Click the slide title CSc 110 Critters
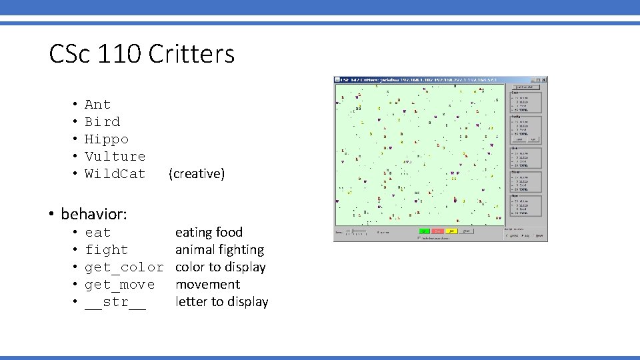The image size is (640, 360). [141, 54]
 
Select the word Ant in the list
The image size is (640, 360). [97, 105]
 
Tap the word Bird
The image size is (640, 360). [102, 122]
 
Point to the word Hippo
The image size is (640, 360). [106, 139]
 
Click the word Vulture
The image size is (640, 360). [115, 157]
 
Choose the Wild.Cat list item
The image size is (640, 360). [115, 174]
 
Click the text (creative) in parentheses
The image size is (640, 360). [197, 174]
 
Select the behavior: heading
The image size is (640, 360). [94, 214]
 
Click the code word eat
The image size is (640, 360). [97, 233]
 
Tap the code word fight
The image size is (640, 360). [106, 250]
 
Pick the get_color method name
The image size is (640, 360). [123, 267]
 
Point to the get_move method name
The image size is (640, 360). [119, 285]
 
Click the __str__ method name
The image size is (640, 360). [115, 302]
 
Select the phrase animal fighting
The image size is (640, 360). [219, 250]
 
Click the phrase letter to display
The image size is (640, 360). [221, 302]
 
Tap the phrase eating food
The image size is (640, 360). [209, 233]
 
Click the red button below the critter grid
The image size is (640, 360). [437, 231]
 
